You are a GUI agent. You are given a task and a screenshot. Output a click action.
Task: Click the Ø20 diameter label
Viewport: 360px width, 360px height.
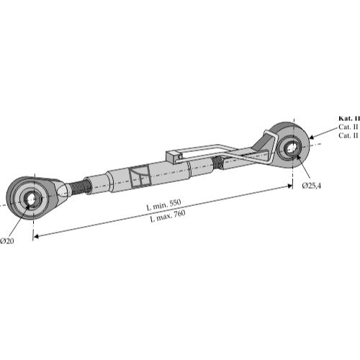pyautogui.click(x=7, y=240)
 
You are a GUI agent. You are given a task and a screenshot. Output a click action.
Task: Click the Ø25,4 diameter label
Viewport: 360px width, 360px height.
pyautogui.click(x=311, y=186)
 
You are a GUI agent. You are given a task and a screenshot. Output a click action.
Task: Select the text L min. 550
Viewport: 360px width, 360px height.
pyautogui.click(x=163, y=204)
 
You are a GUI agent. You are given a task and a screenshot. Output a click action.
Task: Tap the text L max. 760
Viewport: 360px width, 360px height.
pyautogui.click(x=168, y=216)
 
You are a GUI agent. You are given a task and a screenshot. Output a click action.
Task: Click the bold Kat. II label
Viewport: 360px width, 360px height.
pyautogui.click(x=349, y=118)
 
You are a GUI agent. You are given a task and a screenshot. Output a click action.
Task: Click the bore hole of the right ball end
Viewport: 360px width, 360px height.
pyautogui.click(x=291, y=148)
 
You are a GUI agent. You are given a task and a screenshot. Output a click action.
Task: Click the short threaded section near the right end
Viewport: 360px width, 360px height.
pyautogui.click(x=218, y=163)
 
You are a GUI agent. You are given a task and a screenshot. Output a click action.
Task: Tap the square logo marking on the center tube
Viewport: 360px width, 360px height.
pyautogui.click(x=140, y=176)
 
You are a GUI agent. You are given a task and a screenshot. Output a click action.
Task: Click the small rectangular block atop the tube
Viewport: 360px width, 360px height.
pyautogui.click(x=174, y=156)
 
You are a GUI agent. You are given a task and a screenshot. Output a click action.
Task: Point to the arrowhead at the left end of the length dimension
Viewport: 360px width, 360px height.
pyautogui.click(x=35, y=236)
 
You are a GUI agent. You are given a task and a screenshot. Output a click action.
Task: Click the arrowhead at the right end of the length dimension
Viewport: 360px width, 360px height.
pyautogui.click(x=290, y=186)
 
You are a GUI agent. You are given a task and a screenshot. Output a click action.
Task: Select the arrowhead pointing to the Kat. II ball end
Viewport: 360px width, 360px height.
pyautogui.click(x=312, y=137)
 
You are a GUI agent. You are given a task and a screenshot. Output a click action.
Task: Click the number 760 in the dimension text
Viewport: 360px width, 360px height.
pyautogui.click(x=179, y=213)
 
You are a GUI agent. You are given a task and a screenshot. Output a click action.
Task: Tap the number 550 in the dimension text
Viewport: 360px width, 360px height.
pyautogui.click(x=175, y=202)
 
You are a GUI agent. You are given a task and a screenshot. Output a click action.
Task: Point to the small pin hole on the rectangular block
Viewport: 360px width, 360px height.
pyautogui.click(x=180, y=157)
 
